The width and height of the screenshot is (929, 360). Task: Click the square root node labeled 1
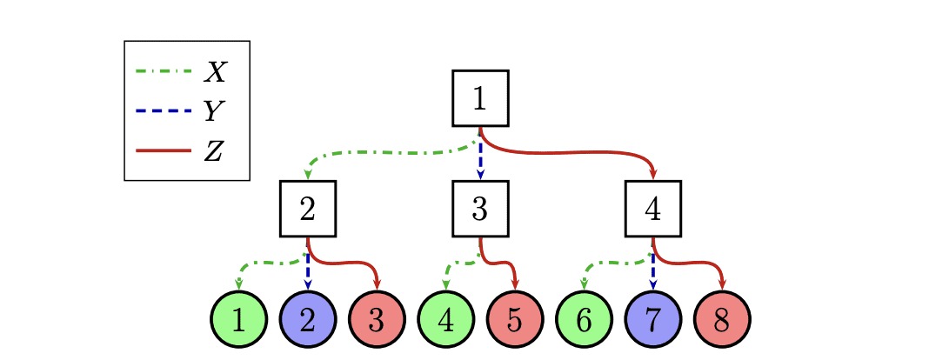click(x=480, y=98)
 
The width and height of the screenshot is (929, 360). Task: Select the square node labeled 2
click(x=307, y=209)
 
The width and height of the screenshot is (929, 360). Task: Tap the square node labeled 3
click(x=480, y=209)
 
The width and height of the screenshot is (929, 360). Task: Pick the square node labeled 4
click(x=653, y=209)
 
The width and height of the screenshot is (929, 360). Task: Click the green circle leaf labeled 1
click(x=237, y=319)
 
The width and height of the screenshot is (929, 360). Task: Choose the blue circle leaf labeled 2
click(x=307, y=319)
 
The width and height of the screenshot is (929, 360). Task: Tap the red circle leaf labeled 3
click(x=376, y=319)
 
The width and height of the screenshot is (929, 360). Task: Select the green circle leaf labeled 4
click(x=445, y=319)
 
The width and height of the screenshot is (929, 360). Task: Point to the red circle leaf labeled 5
click(x=514, y=319)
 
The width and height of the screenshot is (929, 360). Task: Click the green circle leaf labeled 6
click(x=584, y=319)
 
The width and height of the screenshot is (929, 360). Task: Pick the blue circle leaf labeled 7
click(x=653, y=319)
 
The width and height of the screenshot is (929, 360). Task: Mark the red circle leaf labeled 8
click(x=722, y=319)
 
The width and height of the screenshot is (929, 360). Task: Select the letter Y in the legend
click(x=213, y=111)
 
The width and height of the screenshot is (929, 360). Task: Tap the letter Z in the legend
click(x=213, y=151)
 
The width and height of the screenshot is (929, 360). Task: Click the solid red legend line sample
click(x=164, y=150)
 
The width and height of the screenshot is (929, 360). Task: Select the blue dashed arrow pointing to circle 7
click(x=653, y=272)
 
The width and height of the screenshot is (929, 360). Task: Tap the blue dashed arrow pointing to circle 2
click(x=307, y=272)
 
